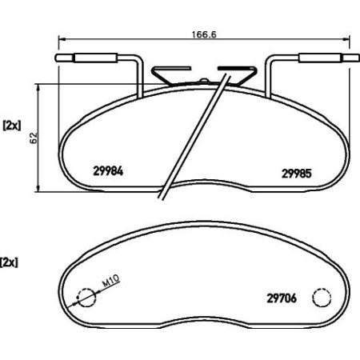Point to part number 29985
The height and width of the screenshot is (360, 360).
pos(295,170)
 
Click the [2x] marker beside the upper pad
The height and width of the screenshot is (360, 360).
pos(12,125)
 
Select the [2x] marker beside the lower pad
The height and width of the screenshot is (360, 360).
pos(10,262)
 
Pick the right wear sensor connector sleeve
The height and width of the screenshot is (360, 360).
pos(318,58)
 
